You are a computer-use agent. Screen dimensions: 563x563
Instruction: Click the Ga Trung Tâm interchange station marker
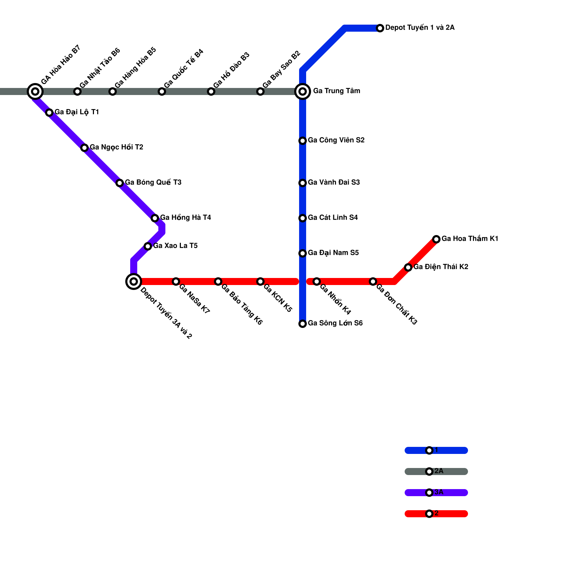(x=303, y=91)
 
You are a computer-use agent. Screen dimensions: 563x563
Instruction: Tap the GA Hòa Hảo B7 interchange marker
(x=35, y=91)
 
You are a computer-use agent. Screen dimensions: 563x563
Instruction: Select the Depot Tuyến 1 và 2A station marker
(x=380, y=28)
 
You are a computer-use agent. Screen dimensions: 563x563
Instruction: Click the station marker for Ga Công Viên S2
(x=303, y=141)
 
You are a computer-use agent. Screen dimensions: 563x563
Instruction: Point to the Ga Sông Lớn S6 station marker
(x=303, y=324)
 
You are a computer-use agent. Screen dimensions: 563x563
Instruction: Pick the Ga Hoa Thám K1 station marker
(x=436, y=239)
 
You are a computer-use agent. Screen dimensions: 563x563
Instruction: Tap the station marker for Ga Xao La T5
(x=148, y=246)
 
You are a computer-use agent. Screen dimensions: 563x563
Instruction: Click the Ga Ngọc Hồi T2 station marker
(x=84, y=148)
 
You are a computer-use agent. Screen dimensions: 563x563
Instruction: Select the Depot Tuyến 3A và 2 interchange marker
(x=134, y=281)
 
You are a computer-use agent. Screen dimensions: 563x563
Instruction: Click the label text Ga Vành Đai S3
(x=334, y=182)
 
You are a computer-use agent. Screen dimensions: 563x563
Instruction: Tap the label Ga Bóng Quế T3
(x=153, y=182)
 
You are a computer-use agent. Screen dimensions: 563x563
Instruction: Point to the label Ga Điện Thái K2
(x=441, y=267)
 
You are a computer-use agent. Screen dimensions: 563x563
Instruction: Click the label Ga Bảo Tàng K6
(x=242, y=304)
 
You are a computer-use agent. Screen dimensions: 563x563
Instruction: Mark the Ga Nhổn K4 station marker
(x=317, y=281)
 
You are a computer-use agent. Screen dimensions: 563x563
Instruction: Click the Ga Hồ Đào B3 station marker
(x=211, y=91)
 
